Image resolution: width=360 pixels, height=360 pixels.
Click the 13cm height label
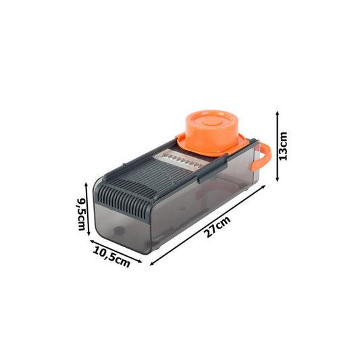point(283,146)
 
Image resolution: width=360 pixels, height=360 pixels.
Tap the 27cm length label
point(217,227)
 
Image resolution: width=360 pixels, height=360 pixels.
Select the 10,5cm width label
point(111,257)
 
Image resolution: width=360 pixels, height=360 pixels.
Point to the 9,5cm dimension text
point(81,214)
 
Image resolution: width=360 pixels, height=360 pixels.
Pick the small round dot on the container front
point(120,230)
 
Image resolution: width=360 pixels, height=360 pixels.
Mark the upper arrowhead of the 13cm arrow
point(278,113)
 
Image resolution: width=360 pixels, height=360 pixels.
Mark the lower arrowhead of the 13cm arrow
point(278,179)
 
